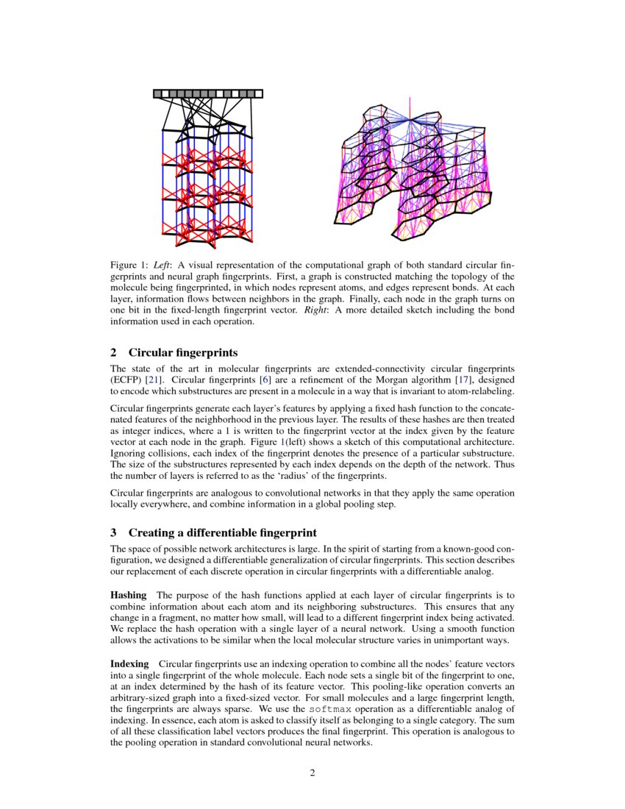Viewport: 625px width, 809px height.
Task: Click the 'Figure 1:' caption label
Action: click(129, 264)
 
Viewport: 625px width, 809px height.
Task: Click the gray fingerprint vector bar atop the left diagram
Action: click(208, 93)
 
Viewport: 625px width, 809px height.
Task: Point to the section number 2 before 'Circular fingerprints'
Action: click(113, 352)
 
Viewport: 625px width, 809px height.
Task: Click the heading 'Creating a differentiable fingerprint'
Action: click(223, 532)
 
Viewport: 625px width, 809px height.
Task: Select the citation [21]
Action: click(153, 379)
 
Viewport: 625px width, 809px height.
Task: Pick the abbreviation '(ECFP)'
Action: click(126, 379)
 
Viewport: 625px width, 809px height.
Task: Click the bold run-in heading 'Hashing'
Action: click(129, 594)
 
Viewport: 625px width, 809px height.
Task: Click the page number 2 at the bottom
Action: click(312, 772)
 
